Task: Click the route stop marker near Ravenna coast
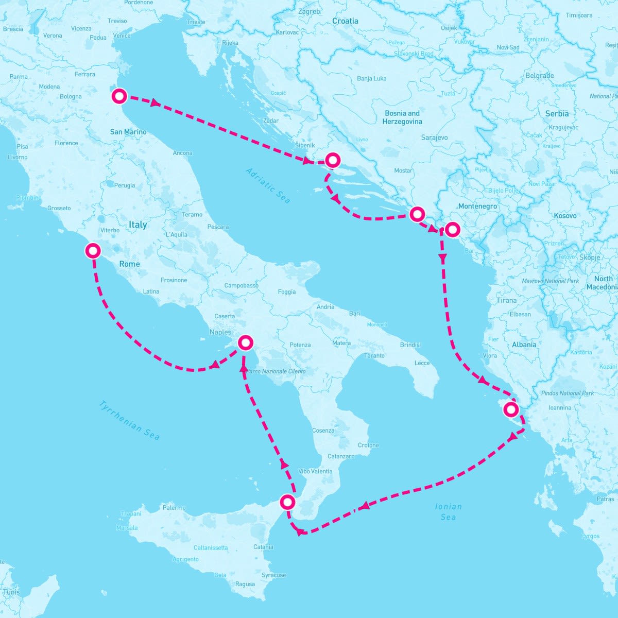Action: pos(119,96)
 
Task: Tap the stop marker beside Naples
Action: pos(246,342)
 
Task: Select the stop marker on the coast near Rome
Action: pos(93,251)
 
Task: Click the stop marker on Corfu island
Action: pos(510,410)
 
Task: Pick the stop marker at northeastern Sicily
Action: pos(287,502)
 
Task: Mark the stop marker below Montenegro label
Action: pos(452,229)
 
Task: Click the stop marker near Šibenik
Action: pos(333,160)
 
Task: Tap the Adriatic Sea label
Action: pos(268,185)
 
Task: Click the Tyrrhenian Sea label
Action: pos(129,420)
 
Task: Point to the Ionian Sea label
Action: pos(448,511)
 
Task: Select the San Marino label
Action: pos(128,132)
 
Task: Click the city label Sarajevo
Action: pos(434,138)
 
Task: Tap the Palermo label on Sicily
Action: pos(174,507)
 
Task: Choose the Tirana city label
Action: pos(507,300)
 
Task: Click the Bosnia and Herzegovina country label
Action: pos(402,117)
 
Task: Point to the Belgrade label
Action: pos(540,76)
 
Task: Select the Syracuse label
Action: pos(273,575)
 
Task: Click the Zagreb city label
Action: pos(310,11)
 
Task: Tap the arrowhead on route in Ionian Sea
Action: pos(364,506)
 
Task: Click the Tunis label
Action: pos(11,592)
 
